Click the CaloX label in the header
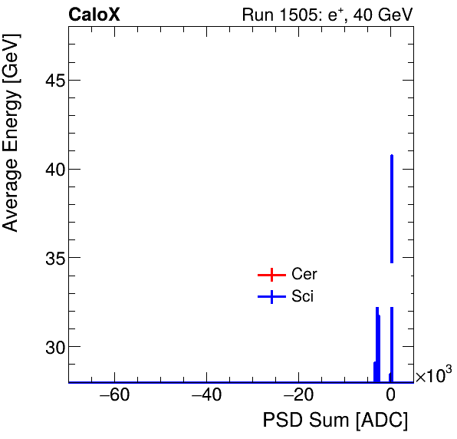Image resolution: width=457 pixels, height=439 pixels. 94,15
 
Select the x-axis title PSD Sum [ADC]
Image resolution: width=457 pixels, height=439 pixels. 335,421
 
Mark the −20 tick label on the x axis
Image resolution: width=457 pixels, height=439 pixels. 298,397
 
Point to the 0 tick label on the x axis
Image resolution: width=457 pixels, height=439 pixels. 391,397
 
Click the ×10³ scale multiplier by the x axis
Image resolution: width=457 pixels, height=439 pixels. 433,375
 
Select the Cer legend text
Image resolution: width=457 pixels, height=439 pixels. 304,275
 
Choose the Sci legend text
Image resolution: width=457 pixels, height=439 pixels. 302,297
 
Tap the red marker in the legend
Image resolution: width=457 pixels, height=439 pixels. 271,275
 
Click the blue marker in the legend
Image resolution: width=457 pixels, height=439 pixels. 271,297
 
